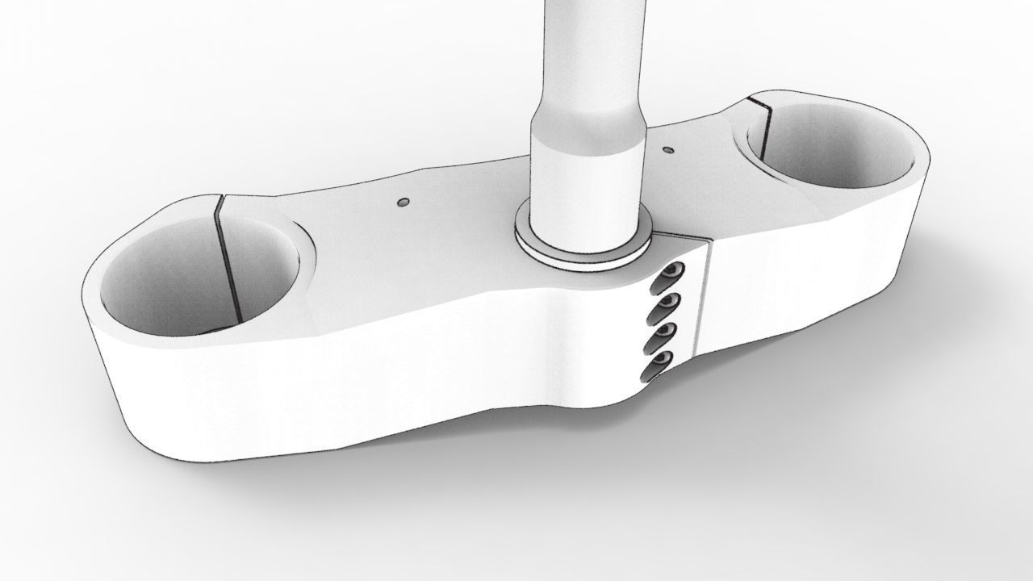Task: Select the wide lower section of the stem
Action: (587, 186)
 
